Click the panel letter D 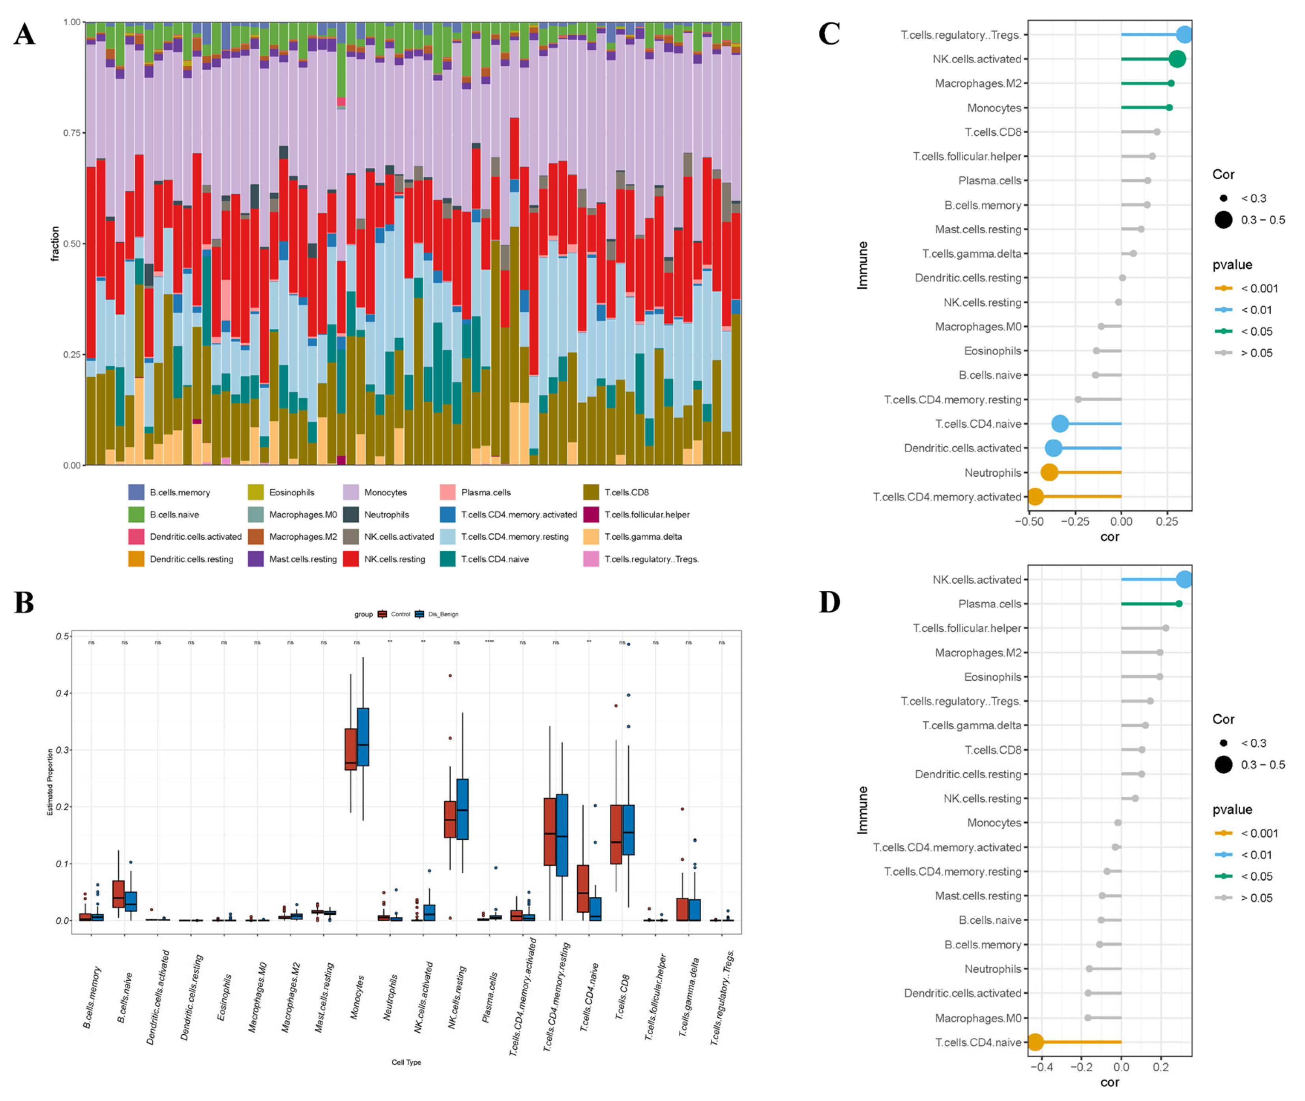(829, 602)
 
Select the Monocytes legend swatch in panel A (351, 492)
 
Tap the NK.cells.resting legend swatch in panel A (351, 559)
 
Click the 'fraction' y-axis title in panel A (55, 243)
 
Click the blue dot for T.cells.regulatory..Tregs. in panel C (1184, 35)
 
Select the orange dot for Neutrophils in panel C (1049, 472)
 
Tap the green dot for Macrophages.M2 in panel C (1171, 83)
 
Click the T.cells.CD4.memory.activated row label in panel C (947, 497)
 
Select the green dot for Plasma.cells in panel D (1179, 603)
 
